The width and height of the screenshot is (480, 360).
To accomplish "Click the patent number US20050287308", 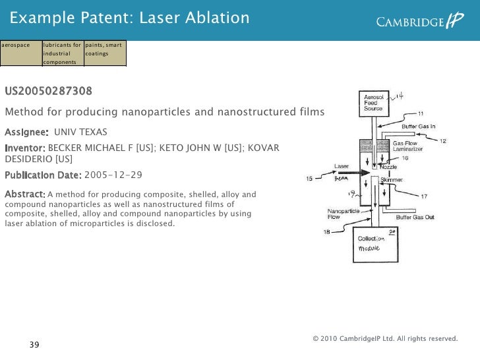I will pyautogui.click(x=49, y=90).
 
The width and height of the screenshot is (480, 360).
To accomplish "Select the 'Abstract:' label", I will pyautogui.click(x=24, y=194).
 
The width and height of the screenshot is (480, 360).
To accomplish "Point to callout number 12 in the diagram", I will pyautogui.click(x=443, y=141).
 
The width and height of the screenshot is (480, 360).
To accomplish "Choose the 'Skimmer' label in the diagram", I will pyautogui.click(x=392, y=179).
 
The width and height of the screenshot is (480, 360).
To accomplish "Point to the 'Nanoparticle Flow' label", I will pyautogui.click(x=343, y=214).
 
